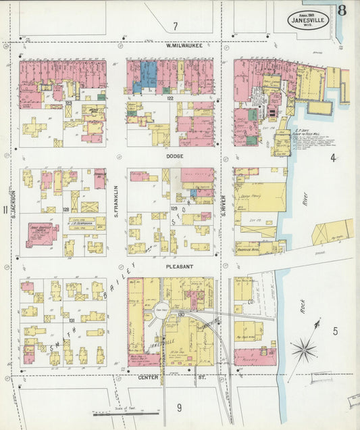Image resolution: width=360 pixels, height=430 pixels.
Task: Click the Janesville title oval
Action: (308, 19)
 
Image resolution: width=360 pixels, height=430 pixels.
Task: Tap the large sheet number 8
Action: (342, 10)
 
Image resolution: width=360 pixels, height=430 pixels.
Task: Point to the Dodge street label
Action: (175, 155)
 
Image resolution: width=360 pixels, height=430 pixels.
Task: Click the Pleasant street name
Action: (180, 266)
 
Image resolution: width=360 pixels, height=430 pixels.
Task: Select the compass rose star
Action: (303, 349)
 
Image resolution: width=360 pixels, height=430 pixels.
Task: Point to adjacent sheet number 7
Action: (175, 26)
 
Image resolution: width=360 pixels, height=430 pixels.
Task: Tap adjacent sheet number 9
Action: (179, 407)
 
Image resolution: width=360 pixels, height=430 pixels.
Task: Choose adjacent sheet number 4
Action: (332, 158)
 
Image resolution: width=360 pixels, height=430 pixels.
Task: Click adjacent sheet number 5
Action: (334, 331)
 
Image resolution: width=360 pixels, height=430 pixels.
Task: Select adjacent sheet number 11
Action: (6, 210)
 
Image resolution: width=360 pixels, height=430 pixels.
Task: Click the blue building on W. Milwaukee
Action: (147, 74)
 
